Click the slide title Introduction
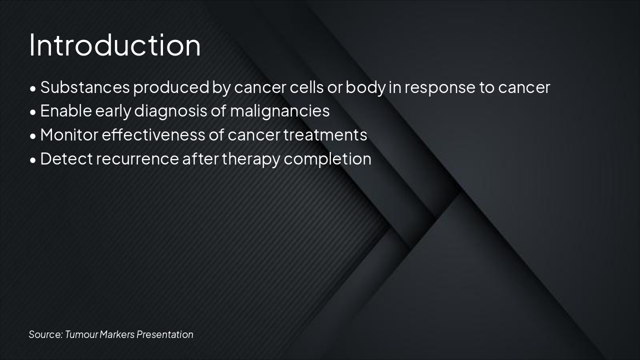[x=115, y=45]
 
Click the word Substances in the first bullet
[x=85, y=87]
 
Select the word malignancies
[x=279, y=111]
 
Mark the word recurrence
[x=137, y=158]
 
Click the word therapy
[x=251, y=159]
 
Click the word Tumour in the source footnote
[x=81, y=334]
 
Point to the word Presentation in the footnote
[x=165, y=334]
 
